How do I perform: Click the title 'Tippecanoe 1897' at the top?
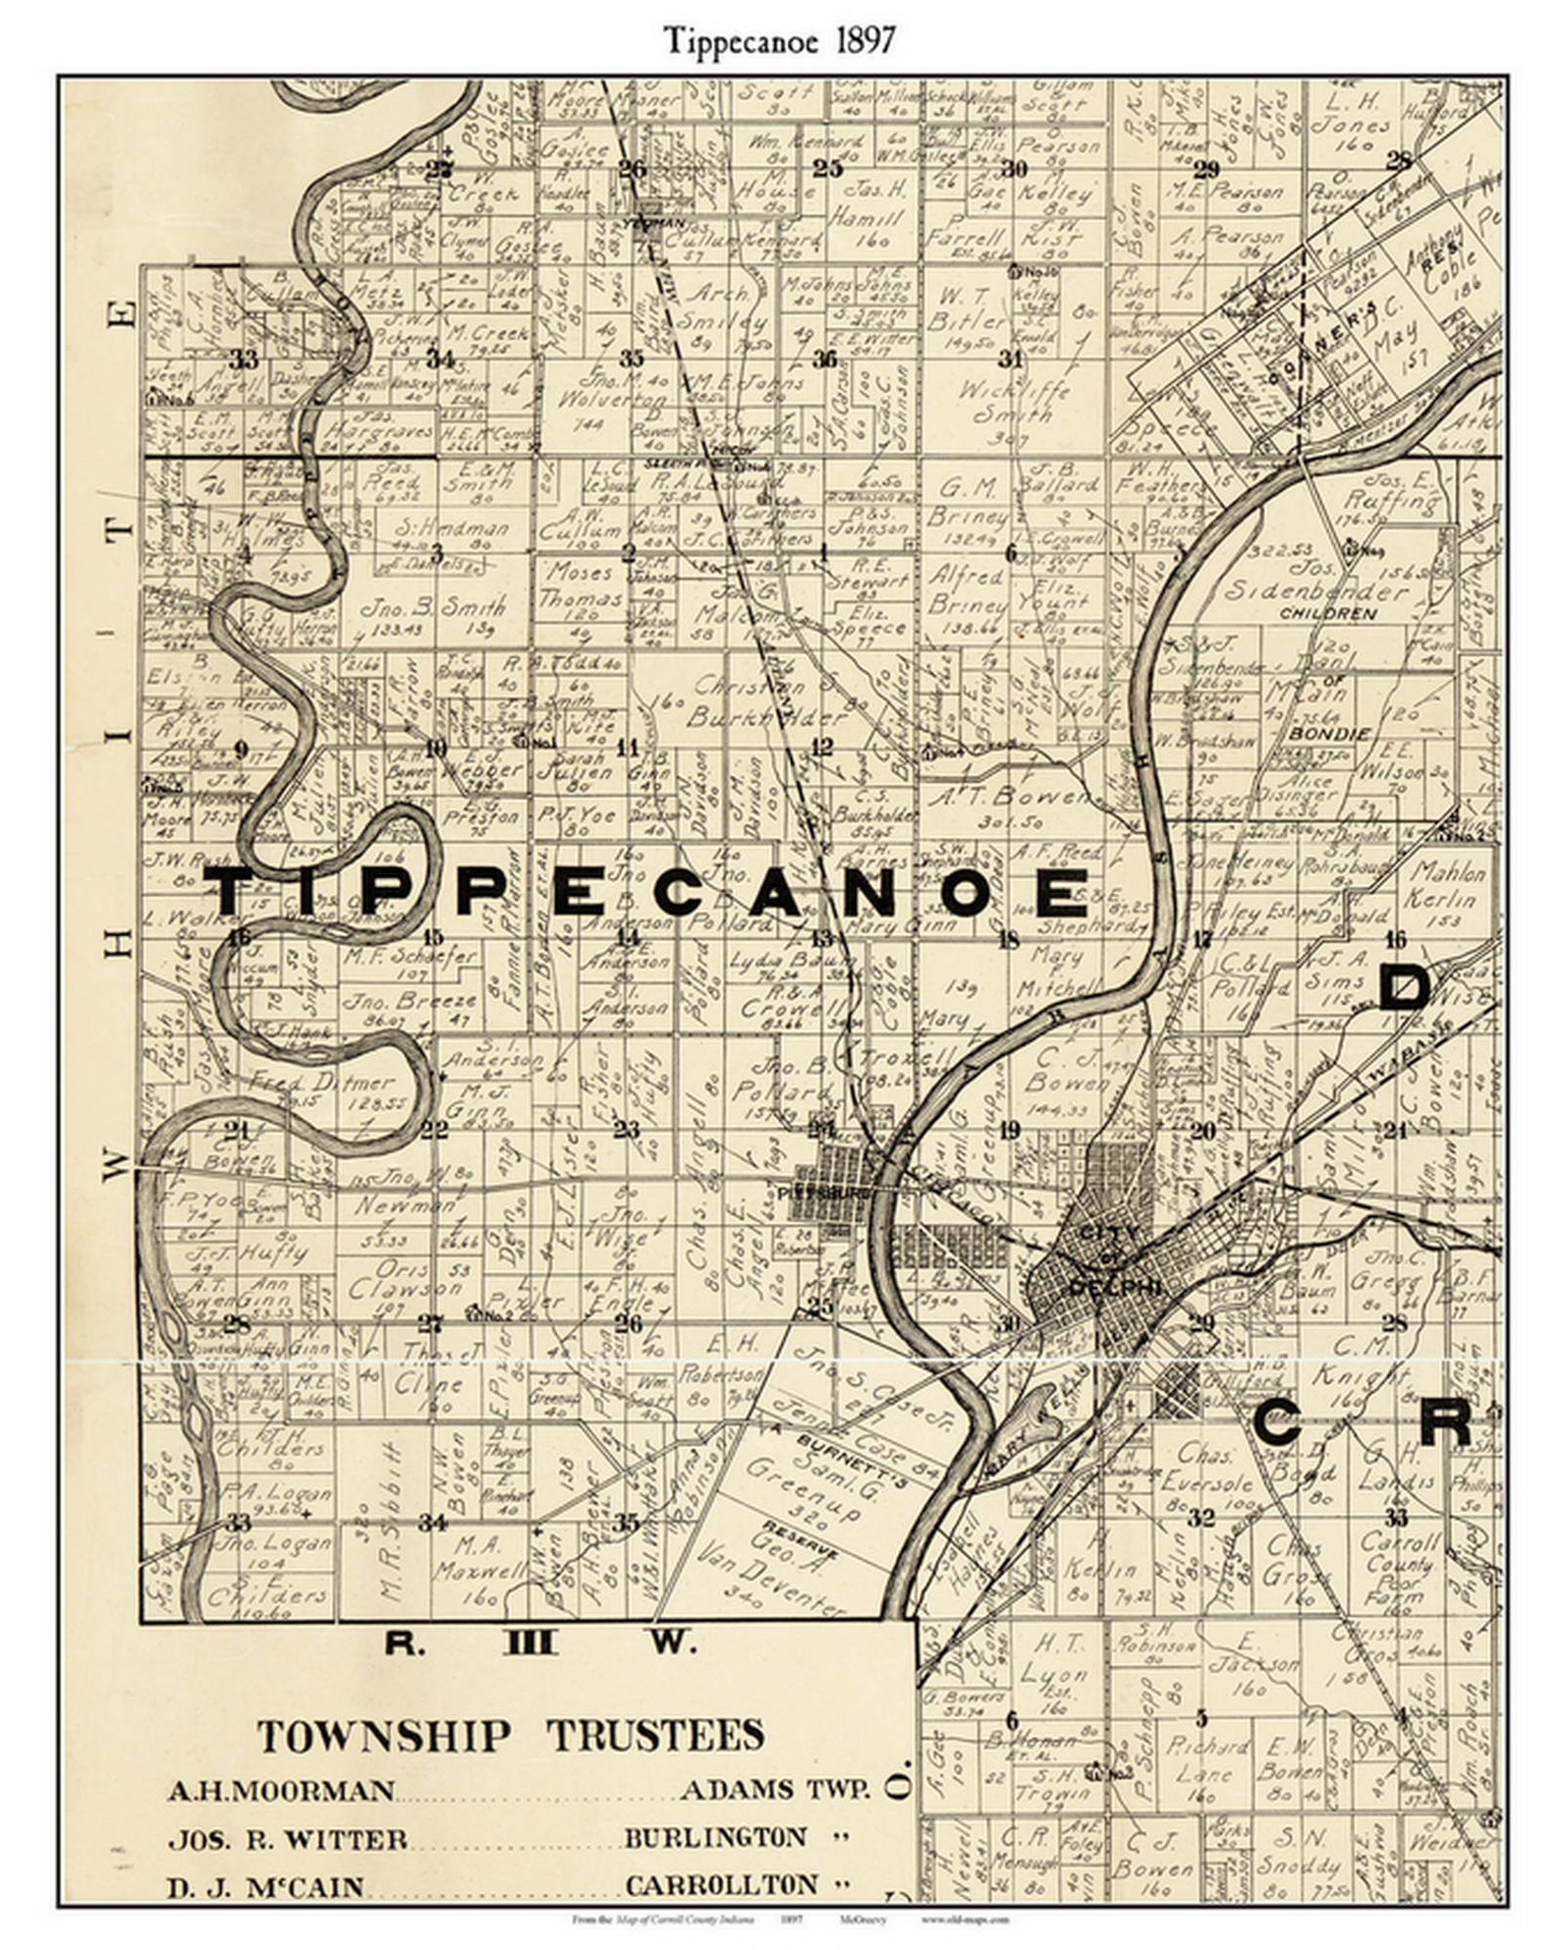[779, 40]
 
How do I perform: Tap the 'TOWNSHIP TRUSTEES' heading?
[510, 1736]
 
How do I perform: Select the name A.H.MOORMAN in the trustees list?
[282, 1790]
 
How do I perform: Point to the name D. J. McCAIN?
[265, 1887]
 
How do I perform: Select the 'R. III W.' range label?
[539, 1642]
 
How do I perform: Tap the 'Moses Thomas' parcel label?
[583, 585]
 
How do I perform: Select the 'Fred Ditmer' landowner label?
[321, 1084]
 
